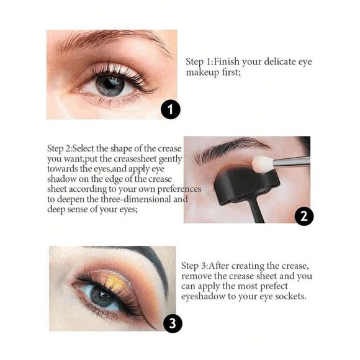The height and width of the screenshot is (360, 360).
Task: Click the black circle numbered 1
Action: pyautogui.click(x=170, y=110)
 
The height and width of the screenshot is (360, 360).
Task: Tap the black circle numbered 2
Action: pyautogui.click(x=304, y=216)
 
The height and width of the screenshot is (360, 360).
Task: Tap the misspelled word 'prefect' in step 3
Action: pyautogui.click(x=271, y=287)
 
